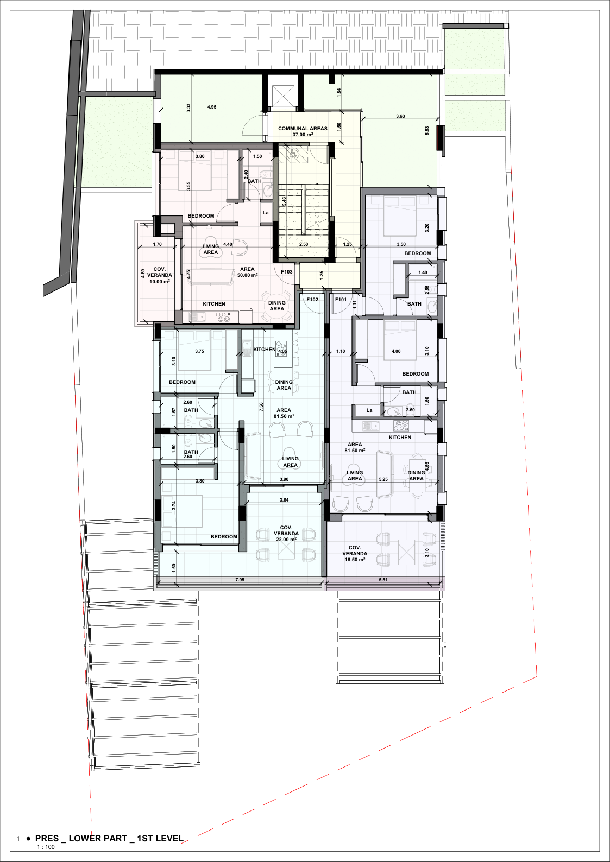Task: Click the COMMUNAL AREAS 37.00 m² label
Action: click(303, 131)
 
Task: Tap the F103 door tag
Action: click(287, 272)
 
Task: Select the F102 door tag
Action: click(312, 299)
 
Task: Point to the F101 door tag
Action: click(341, 299)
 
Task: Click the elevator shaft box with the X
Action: click(283, 96)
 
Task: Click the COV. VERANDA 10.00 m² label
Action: click(159, 275)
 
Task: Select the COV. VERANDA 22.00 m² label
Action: click(286, 533)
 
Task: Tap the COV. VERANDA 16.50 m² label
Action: click(354, 554)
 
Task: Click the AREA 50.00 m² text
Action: click(247, 272)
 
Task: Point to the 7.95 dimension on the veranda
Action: click(240, 580)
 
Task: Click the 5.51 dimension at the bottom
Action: click(383, 580)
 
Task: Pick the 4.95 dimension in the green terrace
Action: click(212, 107)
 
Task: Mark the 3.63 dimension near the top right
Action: click(400, 116)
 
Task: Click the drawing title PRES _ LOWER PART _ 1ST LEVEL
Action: click(109, 838)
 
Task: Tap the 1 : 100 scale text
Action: click(46, 847)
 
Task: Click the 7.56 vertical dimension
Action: click(261, 407)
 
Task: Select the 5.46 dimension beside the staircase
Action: click(284, 201)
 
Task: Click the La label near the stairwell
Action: click(266, 213)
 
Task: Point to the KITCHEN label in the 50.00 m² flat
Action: click(214, 304)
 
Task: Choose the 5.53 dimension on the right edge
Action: click(427, 130)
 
